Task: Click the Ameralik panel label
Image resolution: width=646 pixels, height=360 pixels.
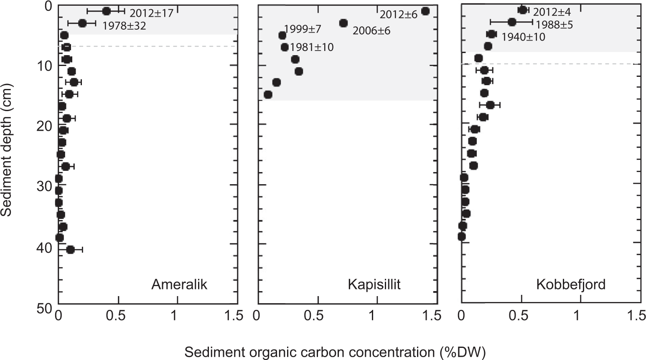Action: point(179,285)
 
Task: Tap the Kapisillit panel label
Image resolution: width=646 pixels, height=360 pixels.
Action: point(374,285)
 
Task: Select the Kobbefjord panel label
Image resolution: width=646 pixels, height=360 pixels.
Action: point(571,285)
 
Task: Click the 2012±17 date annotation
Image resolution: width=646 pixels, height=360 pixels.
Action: point(151,13)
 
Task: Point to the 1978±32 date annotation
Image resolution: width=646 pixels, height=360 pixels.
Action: point(124,26)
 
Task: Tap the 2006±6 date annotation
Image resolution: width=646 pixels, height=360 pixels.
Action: point(371,30)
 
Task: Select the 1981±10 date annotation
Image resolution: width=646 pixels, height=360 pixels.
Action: point(312,47)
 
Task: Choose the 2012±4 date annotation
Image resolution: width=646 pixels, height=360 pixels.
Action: point(552,12)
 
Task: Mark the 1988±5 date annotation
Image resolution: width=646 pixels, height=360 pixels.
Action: point(554,25)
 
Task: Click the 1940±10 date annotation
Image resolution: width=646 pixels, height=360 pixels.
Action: point(523,37)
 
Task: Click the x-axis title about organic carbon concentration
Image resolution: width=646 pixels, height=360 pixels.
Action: point(335,352)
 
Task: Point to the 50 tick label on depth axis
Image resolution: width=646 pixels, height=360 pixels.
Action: point(43,308)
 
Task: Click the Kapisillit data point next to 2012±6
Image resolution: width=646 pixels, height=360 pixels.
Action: point(425,11)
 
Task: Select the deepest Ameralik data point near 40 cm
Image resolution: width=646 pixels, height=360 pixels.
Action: point(70,250)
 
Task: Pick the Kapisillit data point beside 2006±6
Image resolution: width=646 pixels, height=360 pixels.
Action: point(343,23)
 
